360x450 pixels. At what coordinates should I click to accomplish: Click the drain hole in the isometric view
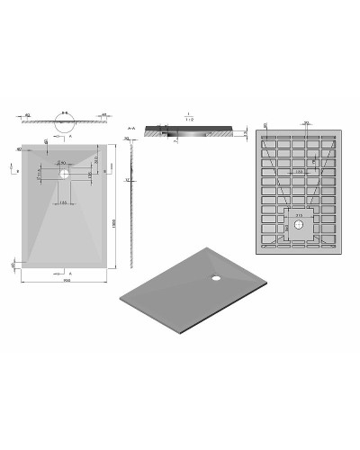tap(217, 276)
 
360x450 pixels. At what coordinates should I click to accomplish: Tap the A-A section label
tap(133, 129)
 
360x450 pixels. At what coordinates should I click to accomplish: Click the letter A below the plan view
tap(69, 271)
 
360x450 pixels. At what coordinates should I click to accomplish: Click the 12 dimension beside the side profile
tap(130, 180)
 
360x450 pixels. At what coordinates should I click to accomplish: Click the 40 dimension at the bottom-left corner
tap(12, 265)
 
